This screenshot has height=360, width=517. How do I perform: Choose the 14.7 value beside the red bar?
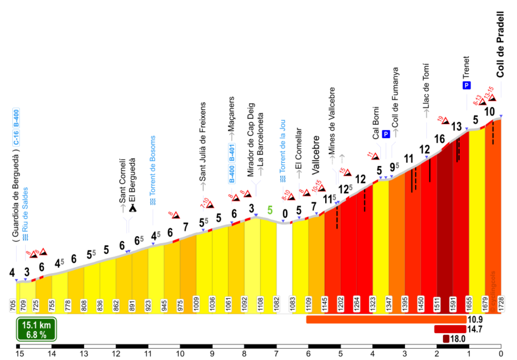[x=474, y=329]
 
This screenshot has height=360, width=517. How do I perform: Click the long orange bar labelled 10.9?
[x=386, y=320]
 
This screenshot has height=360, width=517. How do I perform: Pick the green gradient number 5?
[x=270, y=210]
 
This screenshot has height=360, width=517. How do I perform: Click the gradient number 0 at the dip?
[x=285, y=213]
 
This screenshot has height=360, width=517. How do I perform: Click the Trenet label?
[x=466, y=66]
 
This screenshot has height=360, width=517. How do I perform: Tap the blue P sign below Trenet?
[x=466, y=86]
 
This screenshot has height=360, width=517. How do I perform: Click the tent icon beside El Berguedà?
[x=133, y=208]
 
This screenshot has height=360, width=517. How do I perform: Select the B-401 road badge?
[x=232, y=153]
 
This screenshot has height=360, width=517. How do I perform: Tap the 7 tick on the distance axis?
[x=276, y=354]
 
